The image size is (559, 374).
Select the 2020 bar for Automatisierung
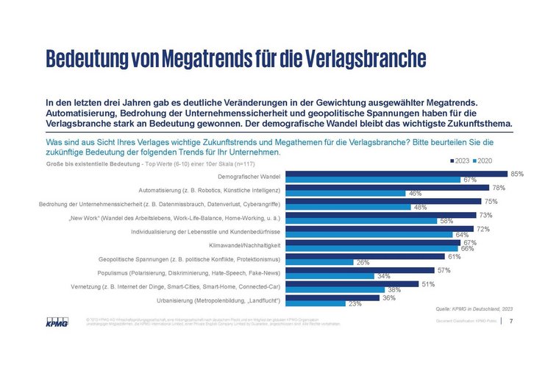[x=346, y=194]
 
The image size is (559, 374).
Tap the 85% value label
[x=517, y=174]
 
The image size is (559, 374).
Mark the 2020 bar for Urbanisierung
[x=315, y=303]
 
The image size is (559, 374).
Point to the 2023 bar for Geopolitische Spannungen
[x=364, y=256]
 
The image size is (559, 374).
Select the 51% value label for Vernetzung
[x=427, y=283]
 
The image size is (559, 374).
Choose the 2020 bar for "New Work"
[x=360, y=221]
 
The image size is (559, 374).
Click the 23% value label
[x=355, y=303]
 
